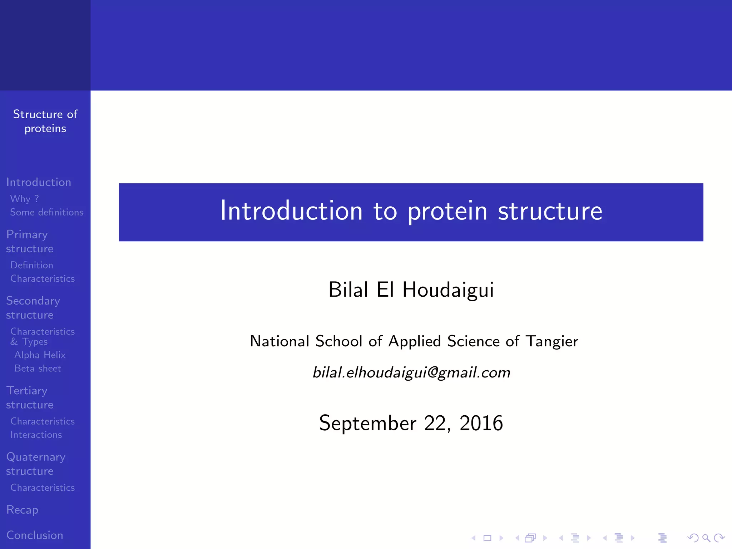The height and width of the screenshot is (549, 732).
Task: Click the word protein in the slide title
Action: pyautogui.click(x=447, y=212)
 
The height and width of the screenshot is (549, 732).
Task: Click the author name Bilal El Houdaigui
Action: pyautogui.click(x=411, y=290)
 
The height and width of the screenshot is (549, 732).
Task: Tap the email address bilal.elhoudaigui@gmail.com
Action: pyautogui.click(x=411, y=373)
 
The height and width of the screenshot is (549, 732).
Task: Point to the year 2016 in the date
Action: pyautogui.click(x=481, y=423)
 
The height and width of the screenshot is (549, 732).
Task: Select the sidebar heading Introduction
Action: pyautogui.click(x=39, y=182)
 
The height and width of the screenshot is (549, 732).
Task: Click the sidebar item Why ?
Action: pyautogui.click(x=24, y=199)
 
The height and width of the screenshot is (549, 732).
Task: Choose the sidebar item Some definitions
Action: pyautogui.click(x=46, y=212)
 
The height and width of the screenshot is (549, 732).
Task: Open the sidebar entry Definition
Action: pyautogui.click(x=31, y=265)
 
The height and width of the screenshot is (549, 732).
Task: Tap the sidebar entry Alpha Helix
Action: pyautogui.click(x=40, y=355)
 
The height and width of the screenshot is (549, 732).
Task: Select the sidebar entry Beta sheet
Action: pyautogui.click(x=38, y=369)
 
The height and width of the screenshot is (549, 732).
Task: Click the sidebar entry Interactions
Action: pyautogui.click(x=36, y=435)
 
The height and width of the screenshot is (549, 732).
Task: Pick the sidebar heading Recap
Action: pyautogui.click(x=22, y=510)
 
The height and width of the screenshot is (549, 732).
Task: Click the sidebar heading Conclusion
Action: pyautogui.click(x=35, y=535)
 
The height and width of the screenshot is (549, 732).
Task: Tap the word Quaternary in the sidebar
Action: pyautogui.click(x=36, y=457)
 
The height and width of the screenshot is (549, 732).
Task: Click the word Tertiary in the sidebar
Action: pyautogui.click(x=27, y=391)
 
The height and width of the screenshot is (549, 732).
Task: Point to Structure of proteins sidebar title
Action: pyautogui.click(x=45, y=121)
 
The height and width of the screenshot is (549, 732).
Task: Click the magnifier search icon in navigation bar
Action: pyautogui.click(x=706, y=538)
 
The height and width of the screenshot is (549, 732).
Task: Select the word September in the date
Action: pyautogui.click(x=367, y=423)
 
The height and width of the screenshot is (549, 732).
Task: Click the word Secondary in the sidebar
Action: pyautogui.click(x=33, y=301)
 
